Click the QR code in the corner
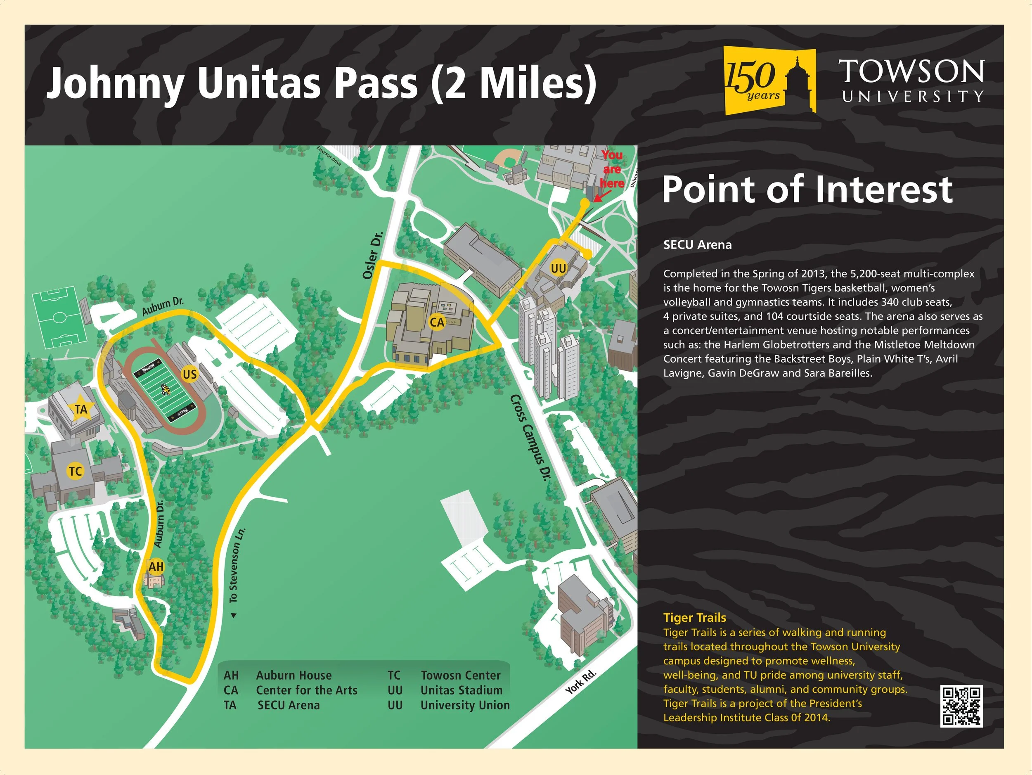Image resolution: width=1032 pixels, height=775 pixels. tap(961, 706)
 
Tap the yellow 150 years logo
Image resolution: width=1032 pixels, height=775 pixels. tap(769, 80)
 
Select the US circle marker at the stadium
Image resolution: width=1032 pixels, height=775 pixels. tap(189, 374)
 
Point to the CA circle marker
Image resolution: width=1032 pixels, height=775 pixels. tap(437, 322)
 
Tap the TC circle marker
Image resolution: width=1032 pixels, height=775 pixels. tap(75, 471)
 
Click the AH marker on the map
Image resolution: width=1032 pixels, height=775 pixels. tap(156, 566)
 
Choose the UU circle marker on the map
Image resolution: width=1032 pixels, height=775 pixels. tap(558, 268)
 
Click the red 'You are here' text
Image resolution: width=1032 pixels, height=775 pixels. tap(612, 169)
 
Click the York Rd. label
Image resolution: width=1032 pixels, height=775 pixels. tap(581, 682)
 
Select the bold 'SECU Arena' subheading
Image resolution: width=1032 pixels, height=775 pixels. tap(698, 245)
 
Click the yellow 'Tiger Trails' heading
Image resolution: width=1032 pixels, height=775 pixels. tap(695, 617)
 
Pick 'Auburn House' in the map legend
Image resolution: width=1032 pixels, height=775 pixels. tap(294, 675)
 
